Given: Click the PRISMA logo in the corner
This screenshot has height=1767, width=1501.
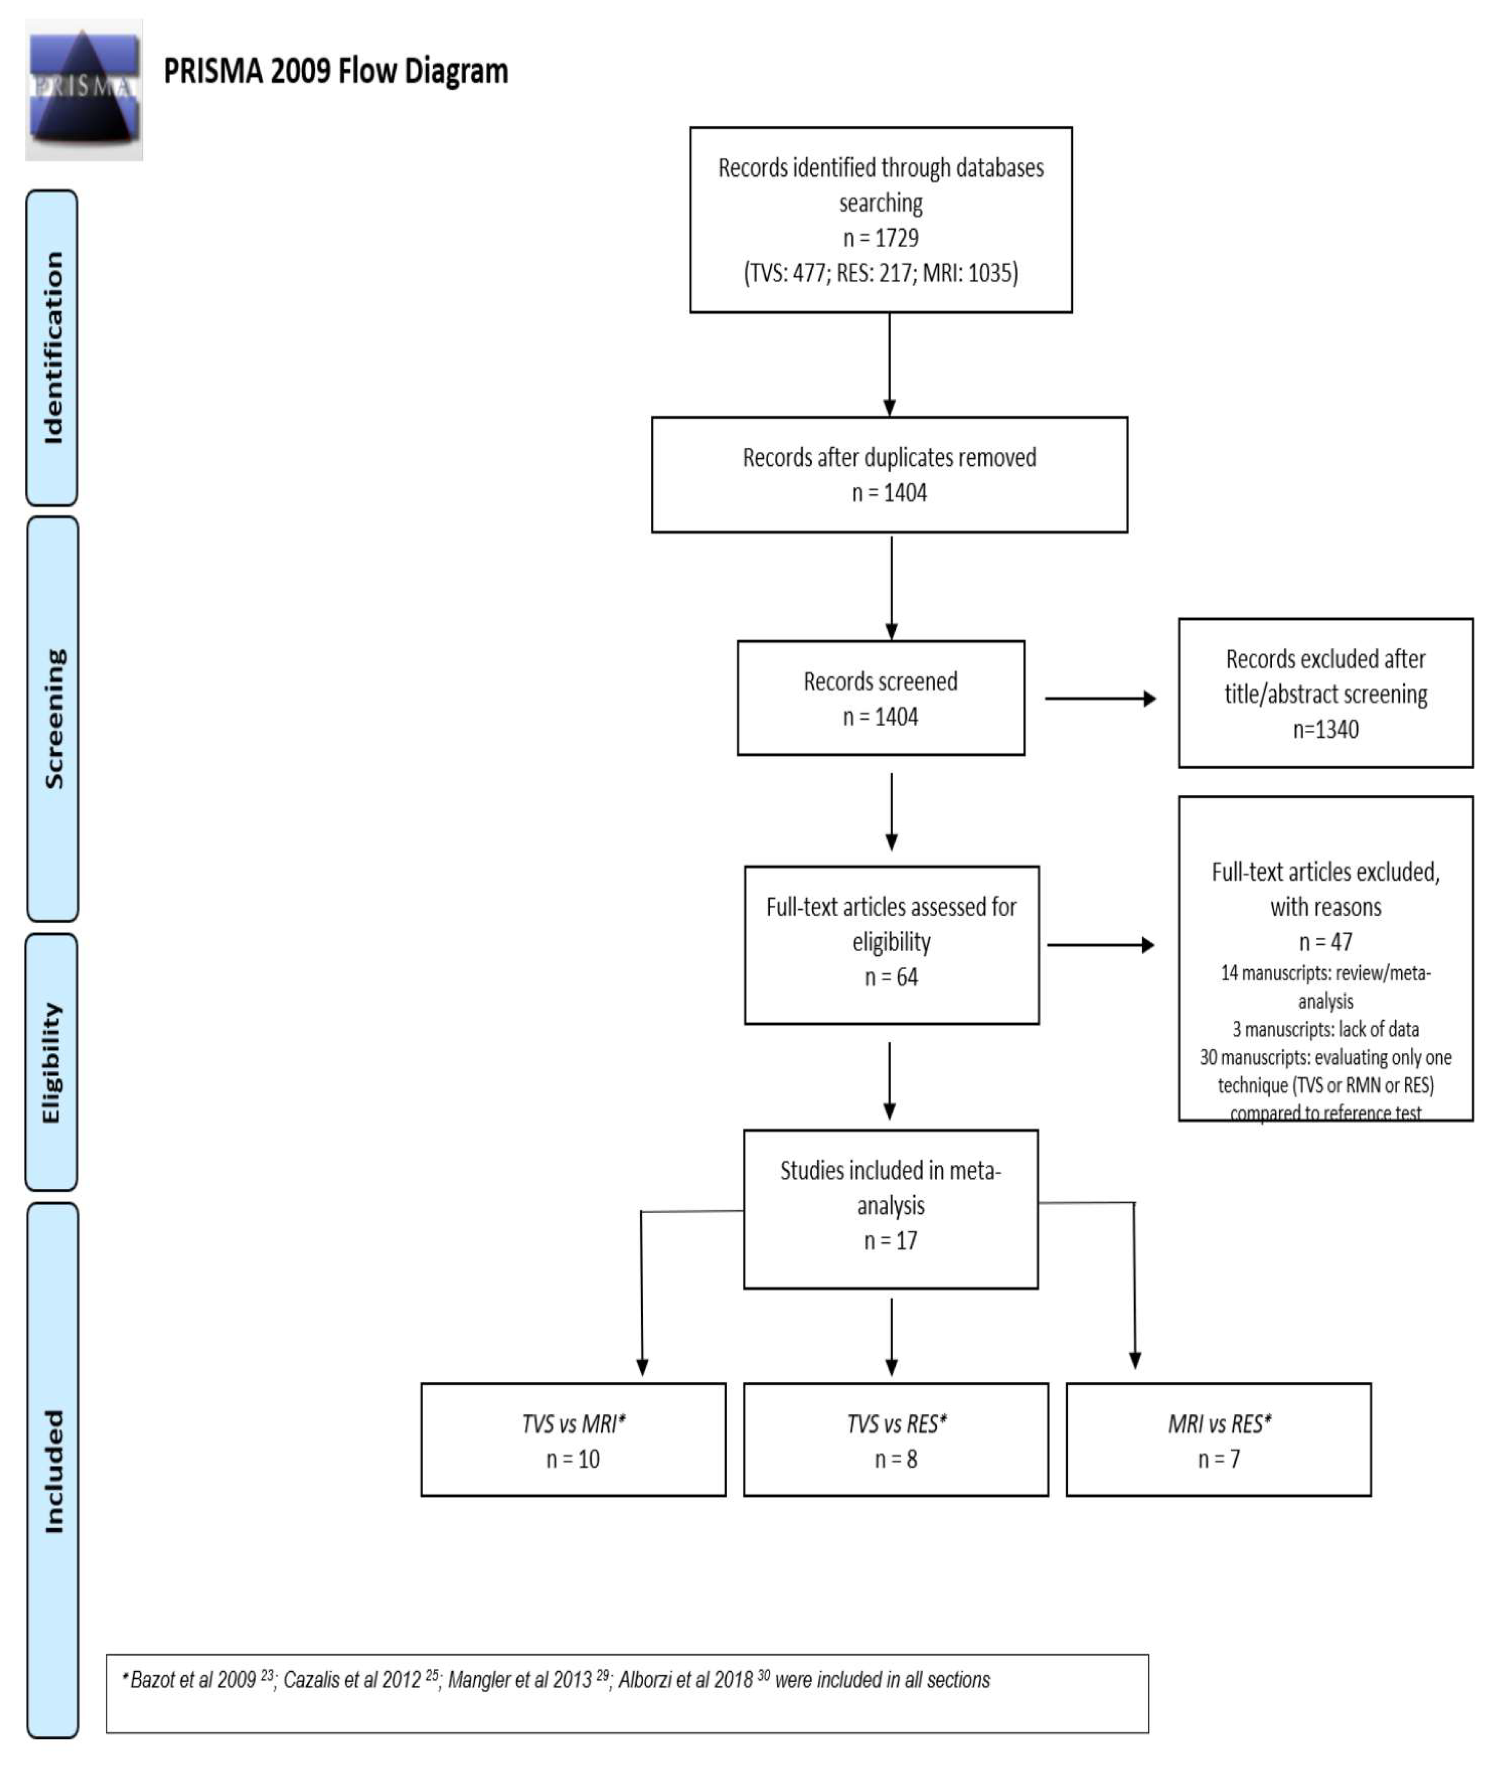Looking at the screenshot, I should coord(83,89).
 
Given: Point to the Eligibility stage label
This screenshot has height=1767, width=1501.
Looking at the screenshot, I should coord(52,1062).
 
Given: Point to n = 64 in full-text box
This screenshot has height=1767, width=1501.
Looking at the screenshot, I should coord(891,977).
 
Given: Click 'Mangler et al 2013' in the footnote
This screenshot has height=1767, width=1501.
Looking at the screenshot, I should coord(519,1679).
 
